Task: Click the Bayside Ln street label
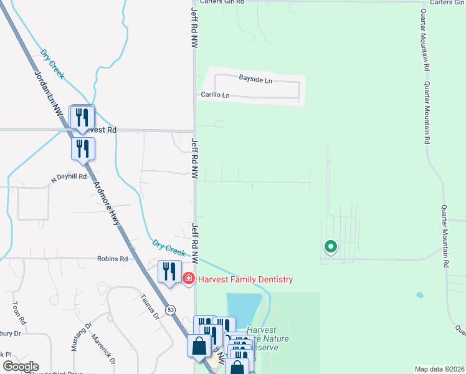[255, 80]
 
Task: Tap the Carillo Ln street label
[215, 95]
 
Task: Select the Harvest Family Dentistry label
[245, 280]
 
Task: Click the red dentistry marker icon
[189, 279]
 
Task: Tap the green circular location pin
[330, 247]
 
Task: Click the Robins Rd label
[112, 259]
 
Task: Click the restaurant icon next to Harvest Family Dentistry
[169, 271]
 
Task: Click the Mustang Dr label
[81, 337]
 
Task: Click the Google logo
[21, 367]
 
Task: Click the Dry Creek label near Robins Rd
[168, 247]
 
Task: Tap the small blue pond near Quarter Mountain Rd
[419, 295]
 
